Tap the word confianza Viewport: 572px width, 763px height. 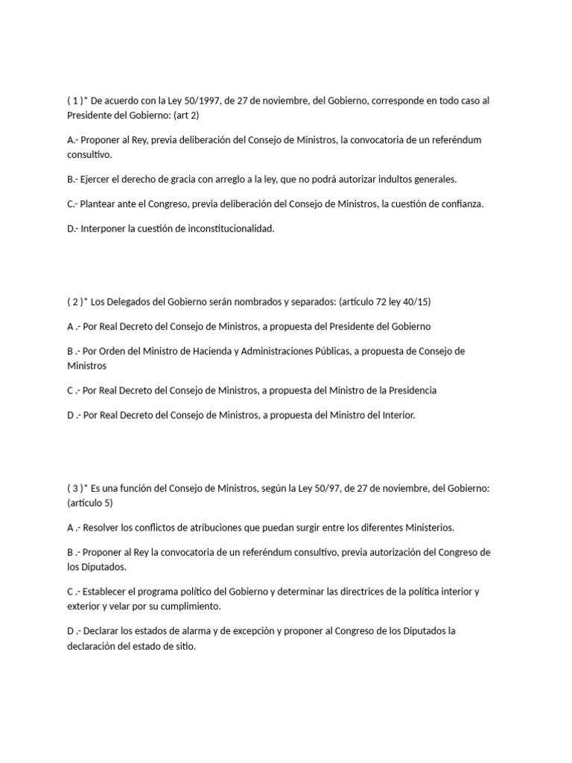pyautogui.click(x=460, y=204)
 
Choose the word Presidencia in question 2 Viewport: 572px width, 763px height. pyautogui.click(x=410, y=390)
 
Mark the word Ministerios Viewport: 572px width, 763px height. pyautogui.click(x=428, y=528)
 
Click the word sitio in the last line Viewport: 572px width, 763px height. pyautogui.click(x=182, y=647)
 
